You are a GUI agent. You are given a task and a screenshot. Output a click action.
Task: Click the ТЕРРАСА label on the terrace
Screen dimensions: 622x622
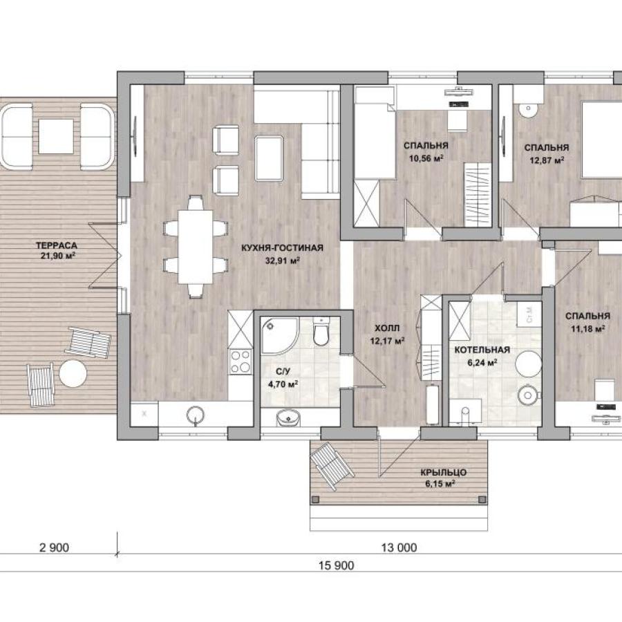(x=57, y=245)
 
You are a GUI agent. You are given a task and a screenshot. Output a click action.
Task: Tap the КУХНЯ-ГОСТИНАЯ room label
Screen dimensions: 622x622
(x=282, y=248)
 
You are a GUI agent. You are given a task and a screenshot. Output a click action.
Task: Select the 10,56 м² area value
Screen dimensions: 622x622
(x=426, y=159)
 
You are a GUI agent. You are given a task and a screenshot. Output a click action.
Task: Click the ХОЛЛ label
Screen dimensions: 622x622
(x=387, y=328)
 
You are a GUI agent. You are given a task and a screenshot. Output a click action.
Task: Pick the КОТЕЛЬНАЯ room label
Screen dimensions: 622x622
(x=482, y=350)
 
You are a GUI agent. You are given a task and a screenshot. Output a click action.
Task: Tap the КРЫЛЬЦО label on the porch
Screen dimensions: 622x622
(x=444, y=473)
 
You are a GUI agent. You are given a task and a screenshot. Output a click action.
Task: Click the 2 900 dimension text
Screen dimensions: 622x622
(x=55, y=548)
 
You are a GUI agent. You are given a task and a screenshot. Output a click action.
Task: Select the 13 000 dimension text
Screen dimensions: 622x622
(x=399, y=548)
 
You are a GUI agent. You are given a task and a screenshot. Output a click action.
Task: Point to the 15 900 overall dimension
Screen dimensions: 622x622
(x=337, y=565)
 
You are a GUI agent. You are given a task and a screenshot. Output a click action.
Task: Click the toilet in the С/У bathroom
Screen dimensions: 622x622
(x=321, y=331)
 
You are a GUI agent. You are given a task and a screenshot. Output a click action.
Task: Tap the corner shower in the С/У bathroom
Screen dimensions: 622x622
(x=279, y=336)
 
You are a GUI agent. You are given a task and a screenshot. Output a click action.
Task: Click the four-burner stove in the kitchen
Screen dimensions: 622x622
(x=241, y=361)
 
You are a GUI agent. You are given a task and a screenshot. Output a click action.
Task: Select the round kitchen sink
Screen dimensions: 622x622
(x=196, y=415)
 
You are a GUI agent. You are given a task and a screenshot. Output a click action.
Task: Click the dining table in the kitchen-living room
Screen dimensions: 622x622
(x=195, y=247)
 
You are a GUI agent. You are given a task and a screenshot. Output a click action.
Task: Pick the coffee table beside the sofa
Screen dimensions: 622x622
(x=269, y=158)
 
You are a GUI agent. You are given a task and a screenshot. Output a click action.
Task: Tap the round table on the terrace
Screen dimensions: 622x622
(x=73, y=373)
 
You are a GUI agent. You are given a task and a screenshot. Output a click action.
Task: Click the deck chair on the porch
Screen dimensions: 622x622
(x=332, y=466)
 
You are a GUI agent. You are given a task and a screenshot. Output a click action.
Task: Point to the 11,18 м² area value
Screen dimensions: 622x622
(x=588, y=329)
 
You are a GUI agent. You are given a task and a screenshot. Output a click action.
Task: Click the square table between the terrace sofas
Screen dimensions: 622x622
(x=56, y=136)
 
